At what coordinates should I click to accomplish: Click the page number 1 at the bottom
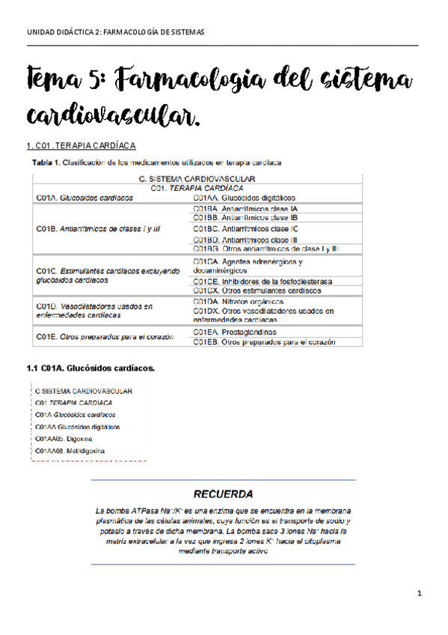[x=420, y=594]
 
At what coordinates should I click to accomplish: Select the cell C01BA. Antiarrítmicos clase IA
[x=245, y=207]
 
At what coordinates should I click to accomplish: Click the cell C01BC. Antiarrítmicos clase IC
[x=246, y=228]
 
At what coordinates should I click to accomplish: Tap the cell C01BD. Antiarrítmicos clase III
[x=245, y=239]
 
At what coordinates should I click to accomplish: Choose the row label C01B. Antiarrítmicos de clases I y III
[x=99, y=228]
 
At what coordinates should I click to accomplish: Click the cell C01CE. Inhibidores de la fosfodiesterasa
[x=263, y=281]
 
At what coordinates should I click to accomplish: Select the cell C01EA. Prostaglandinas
[x=234, y=332]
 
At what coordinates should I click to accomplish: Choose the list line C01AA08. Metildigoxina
[x=70, y=451]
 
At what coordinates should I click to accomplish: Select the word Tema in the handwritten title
[x=57, y=80]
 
